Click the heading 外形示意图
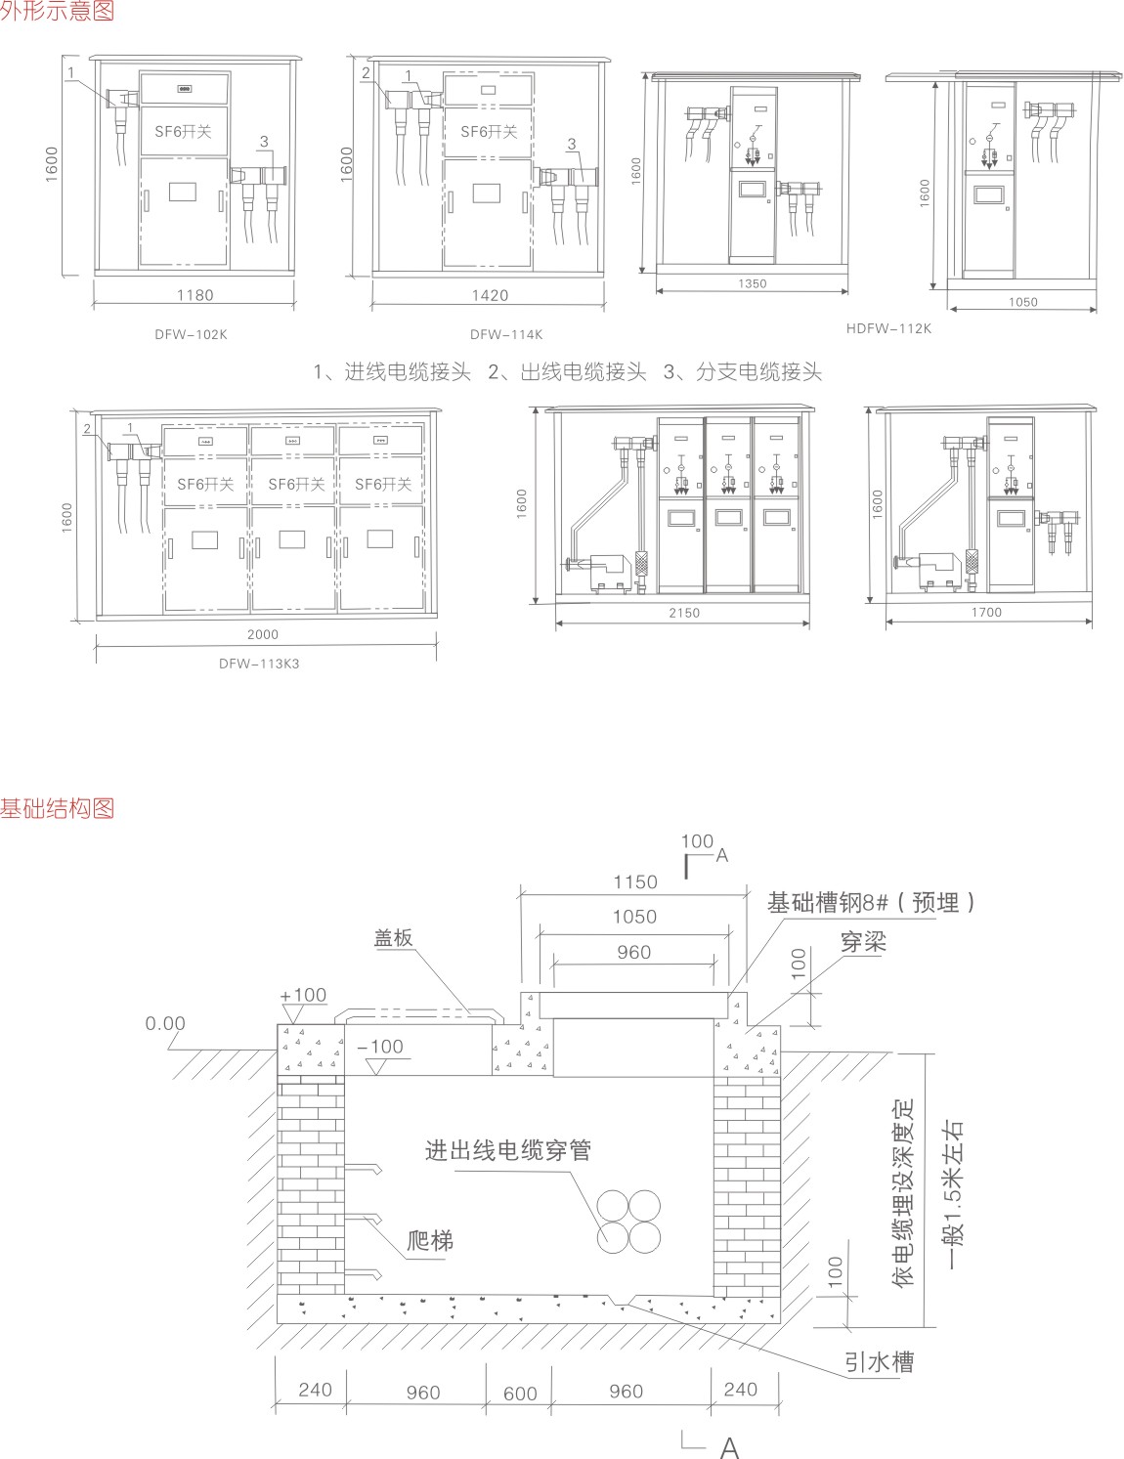57,12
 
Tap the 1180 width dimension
195,295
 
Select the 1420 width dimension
490,295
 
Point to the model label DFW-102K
191,334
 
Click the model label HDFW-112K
888,329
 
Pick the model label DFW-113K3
259,664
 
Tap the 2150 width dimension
684,614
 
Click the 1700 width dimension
986,613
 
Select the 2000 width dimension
262,635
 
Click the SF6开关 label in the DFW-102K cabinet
183,131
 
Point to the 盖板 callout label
394,938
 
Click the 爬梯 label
430,1242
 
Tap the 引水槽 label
880,1361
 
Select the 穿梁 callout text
863,942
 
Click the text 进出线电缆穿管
508,1150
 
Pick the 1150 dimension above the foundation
634,881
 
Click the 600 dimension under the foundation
520,1394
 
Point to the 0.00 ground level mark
165,1024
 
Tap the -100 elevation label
380,1047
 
